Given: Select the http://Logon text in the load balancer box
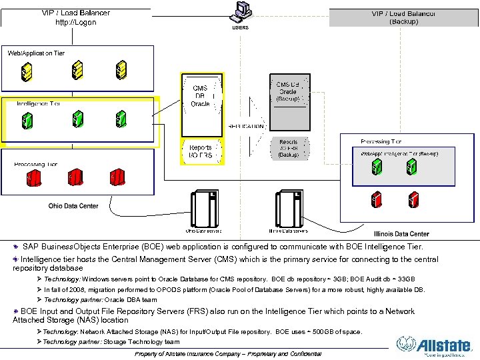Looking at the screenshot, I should click(x=76, y=22).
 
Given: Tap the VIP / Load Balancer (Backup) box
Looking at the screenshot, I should click(x=404, y=17).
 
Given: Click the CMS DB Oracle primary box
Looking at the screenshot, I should click(x=201, y=96).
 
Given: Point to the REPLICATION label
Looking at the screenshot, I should click(x=247, y=125).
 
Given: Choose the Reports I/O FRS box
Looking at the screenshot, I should click(x=201, y=151).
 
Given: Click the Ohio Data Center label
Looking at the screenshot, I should click(x=73, y=206).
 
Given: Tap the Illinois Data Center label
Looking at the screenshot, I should click(x=401, y=234).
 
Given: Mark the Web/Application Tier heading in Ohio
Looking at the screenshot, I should click(x=36, y=53).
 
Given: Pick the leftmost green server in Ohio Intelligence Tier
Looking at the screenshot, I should click(x=27, y=120).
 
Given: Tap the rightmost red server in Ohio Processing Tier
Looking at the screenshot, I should click(x=117, y=177).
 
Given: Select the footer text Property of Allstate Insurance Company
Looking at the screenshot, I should click(x=228, y=353).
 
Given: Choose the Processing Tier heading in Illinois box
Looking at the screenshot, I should click(x=381, y=141).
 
